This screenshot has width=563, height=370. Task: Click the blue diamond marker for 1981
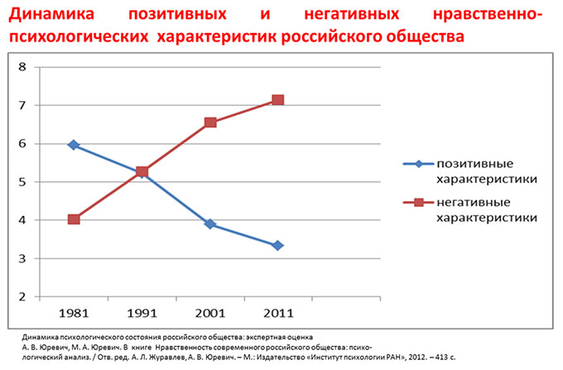click(x=74, y=145)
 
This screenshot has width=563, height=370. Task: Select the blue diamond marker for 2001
click(x=210, y=224)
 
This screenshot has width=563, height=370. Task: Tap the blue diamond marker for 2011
click(x=278, y=245)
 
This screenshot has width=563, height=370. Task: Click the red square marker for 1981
click(x=74, y=219)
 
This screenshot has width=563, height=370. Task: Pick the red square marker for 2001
click(x=210, y=123)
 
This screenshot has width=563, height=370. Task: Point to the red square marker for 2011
click(x=278, y=99)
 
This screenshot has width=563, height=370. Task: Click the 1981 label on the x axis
click(x=74, y=315)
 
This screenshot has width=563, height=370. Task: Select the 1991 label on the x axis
click(x=142, y=315)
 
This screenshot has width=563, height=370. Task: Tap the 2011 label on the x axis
click(x=278, y=315)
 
